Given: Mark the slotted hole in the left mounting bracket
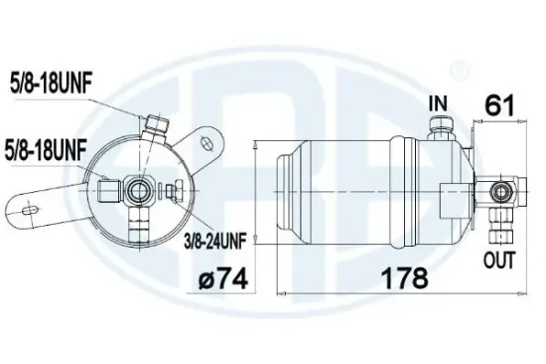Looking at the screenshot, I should click(30, 208).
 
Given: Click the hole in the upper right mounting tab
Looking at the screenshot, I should click(206, 140).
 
